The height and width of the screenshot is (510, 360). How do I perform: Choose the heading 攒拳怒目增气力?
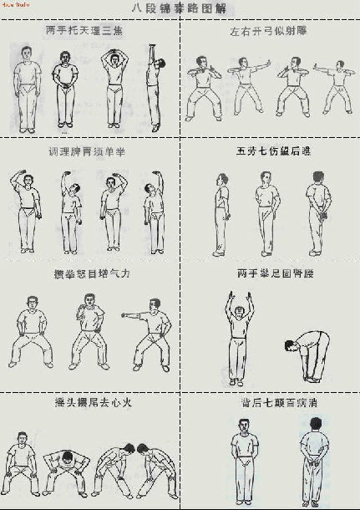pyautogui.click(x=89, y=273)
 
